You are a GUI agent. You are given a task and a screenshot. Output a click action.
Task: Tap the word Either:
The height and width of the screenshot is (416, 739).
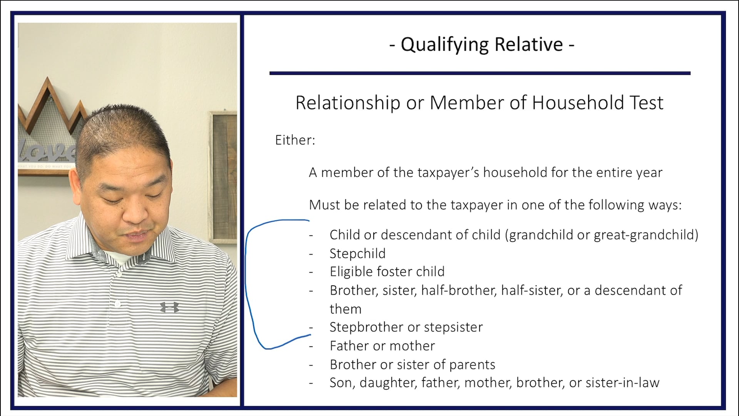295,140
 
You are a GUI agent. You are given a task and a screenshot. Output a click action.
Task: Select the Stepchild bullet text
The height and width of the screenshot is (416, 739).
357,253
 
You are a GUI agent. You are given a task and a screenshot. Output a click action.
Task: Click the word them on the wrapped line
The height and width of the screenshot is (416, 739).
345,309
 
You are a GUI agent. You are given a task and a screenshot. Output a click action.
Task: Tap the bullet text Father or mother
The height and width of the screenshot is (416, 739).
382,346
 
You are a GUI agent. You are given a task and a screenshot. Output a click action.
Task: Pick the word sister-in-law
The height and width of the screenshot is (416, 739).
622,383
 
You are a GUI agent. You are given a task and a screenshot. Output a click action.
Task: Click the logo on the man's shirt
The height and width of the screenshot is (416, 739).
169,307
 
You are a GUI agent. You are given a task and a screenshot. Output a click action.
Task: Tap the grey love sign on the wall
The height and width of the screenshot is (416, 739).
44,152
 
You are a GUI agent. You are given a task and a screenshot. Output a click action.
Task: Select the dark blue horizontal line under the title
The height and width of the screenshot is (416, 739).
480,73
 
